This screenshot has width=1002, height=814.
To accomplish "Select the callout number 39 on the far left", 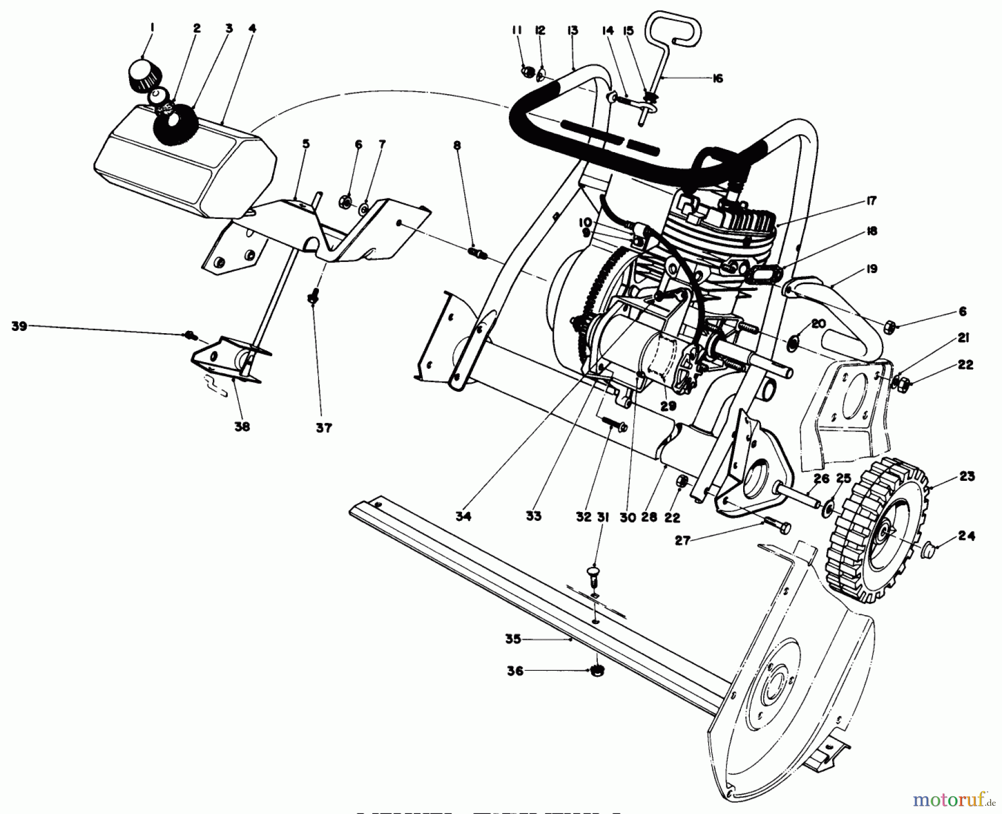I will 19,326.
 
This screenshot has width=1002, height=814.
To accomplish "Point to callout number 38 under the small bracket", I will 242,427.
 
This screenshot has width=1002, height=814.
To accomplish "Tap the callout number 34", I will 463,516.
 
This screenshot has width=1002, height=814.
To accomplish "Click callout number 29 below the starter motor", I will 668,406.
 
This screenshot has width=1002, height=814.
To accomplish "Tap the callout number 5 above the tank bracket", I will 306,144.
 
